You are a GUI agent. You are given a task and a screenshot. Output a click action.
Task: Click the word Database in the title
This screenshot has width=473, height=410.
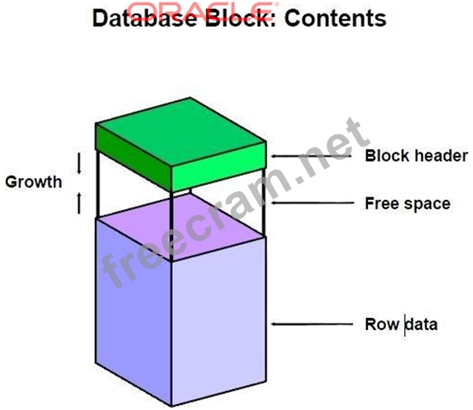[x=145, y=18]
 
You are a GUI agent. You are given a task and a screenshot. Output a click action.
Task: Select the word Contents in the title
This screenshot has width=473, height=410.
[x=335, y=18]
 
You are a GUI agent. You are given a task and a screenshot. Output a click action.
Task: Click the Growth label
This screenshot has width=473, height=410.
[x=34, y=182]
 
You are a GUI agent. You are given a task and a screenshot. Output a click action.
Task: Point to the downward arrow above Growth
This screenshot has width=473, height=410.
[x=79, y=163]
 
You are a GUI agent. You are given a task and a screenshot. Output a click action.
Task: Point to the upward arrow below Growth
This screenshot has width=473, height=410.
[x=79, y=203]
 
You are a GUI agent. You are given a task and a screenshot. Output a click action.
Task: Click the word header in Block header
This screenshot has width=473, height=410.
[x=441, y=156]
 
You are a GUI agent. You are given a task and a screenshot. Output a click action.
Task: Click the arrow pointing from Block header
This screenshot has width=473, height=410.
[x=311, y=156]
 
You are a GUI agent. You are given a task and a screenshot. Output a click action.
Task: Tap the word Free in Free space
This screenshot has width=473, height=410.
[x=382, y=203]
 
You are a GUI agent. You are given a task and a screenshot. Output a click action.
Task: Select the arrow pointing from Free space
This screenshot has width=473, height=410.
[x=312, y=203]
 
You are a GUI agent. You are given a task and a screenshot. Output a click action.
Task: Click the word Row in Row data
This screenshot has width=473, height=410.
[x=382, y=324]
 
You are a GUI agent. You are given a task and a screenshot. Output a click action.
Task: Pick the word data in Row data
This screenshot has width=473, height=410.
[x=421, y=324]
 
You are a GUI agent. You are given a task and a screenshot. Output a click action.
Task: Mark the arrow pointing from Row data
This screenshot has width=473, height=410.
[x=312, y=324]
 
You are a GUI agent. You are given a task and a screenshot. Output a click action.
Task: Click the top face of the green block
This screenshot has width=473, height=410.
[x=180, y=132]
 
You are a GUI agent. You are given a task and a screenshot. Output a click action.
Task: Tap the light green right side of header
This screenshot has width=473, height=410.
[x=219, y=166]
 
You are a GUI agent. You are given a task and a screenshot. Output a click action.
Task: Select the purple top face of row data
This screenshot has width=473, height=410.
[x=181, y=227]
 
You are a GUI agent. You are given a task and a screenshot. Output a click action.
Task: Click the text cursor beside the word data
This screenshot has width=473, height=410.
[x=405, y=325]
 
